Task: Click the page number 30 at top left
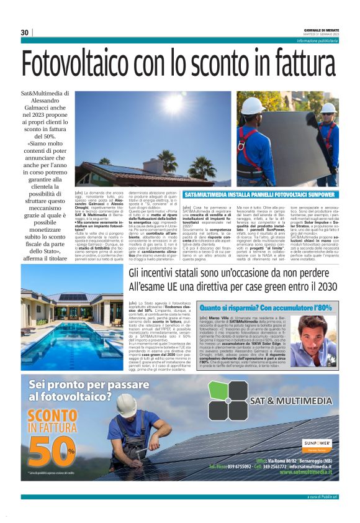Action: (x=25, y=32)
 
